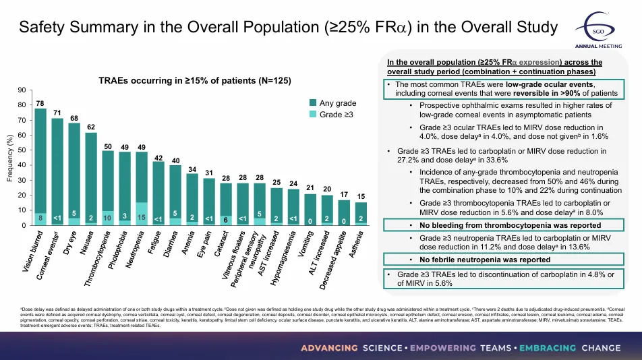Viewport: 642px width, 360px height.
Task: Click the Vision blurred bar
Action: tap(40, 165)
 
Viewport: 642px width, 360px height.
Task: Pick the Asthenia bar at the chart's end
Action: tap(361, 212)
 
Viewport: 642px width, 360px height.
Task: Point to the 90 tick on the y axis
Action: tap(22, 90)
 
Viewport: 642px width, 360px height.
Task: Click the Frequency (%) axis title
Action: tap(9, 158)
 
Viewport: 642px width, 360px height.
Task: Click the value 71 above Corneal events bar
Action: tap(57, 112)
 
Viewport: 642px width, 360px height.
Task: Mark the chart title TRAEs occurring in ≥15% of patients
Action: tap(195, 80)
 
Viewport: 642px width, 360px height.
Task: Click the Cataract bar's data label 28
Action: tap(226, 177)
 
